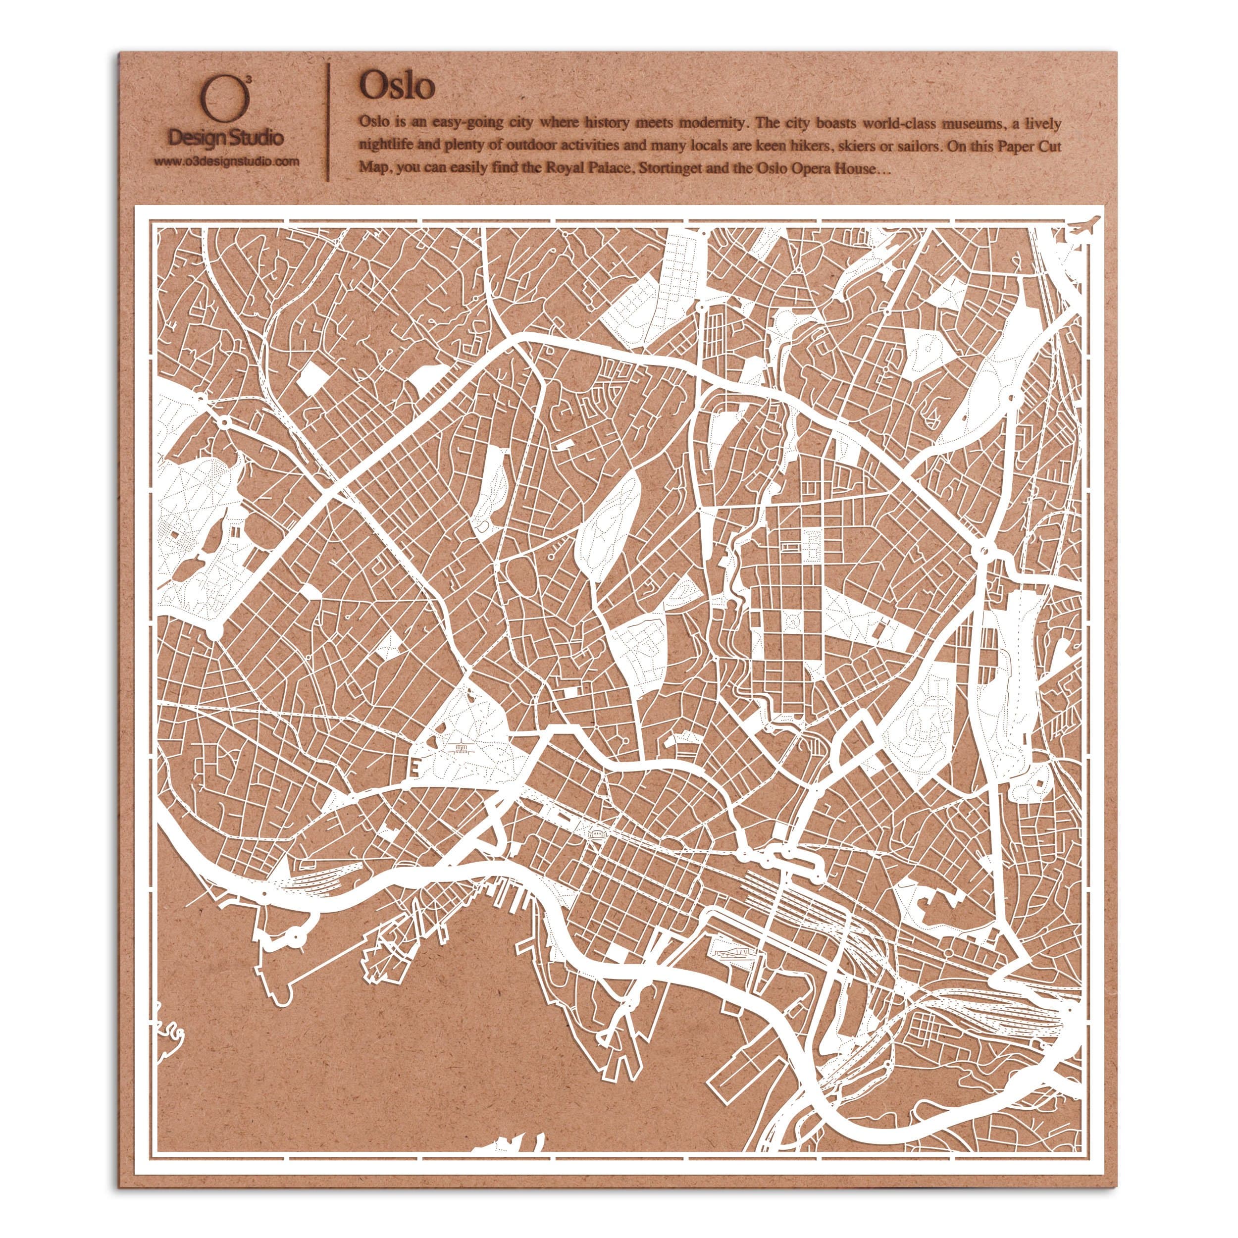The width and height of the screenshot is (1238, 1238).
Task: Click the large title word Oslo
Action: [x=397, y=86]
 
